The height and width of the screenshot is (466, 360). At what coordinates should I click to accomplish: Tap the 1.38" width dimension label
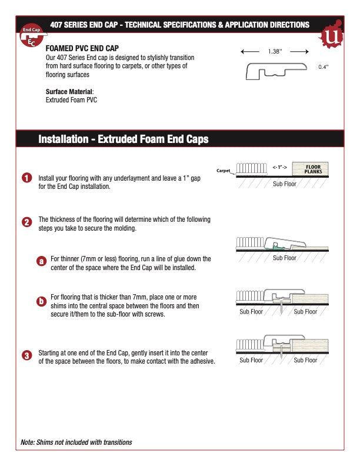[x=275, y=52]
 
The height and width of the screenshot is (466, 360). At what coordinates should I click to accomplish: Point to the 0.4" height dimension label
[x=323, y=67]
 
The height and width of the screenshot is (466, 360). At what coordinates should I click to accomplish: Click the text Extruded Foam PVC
[x=71, y=100]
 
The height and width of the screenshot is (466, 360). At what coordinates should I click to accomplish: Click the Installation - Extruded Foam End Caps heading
[x=123, y=139]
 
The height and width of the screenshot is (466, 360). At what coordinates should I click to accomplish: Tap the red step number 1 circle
[x=27, y=178]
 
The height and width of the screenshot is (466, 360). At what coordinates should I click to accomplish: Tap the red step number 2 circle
[x=27, y=222]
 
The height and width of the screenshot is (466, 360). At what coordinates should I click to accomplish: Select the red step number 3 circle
[x=27, y=356]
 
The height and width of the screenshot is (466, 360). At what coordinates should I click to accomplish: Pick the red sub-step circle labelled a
[x=41, y=261]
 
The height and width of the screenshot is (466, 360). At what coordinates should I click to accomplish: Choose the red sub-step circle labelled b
[x=41, y=302]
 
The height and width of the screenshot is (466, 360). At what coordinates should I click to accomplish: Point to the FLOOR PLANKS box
[x=310, y=168]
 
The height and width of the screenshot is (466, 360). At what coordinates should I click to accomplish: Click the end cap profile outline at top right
[x=276, y=72]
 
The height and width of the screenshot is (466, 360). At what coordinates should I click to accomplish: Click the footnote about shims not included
[x=76, y=442]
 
